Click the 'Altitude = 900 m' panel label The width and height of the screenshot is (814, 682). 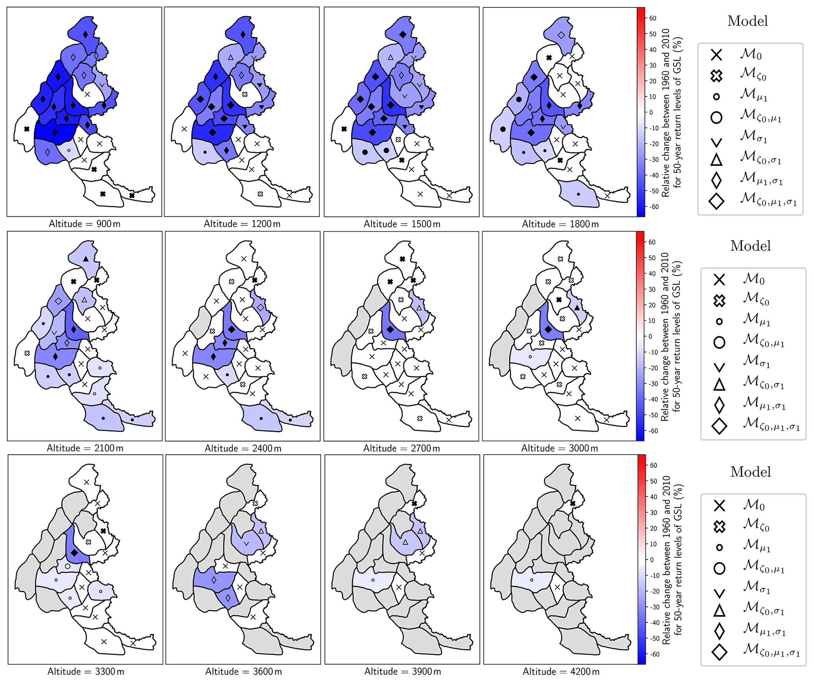click(x=84, y=224)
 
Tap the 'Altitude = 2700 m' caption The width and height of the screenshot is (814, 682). click(x=401, y=448)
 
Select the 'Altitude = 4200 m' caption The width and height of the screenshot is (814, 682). click(x=561, y=672)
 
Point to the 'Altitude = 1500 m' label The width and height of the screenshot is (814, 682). click(x=402, y=224)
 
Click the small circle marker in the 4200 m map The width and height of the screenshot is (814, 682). click(x=532, y=580)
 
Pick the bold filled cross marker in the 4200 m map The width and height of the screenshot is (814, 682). click(x=573, y=504)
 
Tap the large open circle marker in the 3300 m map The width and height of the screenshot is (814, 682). click(x=67, y=566)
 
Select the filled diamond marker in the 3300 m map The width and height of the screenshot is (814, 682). click(x=74, y=553)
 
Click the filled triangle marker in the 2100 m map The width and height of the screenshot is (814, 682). click(x=86, y=259)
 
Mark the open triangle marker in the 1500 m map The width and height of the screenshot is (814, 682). click(x=390, y=57)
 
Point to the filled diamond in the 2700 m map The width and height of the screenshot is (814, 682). click(x=390, y=330)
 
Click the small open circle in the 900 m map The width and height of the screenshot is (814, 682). click(x=69, y=150)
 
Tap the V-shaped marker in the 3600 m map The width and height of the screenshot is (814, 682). click(x=246, y=544)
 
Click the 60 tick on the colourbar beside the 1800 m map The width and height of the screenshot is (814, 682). click(x=653, y=18)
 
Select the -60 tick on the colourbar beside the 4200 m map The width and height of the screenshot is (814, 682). click(x=653, y=654)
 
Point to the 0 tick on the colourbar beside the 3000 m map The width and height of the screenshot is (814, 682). click(x=650, y=336)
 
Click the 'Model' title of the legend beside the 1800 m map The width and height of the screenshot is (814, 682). click(x=747, y=21)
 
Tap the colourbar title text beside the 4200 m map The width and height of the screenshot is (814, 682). click(x=671, y=560)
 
